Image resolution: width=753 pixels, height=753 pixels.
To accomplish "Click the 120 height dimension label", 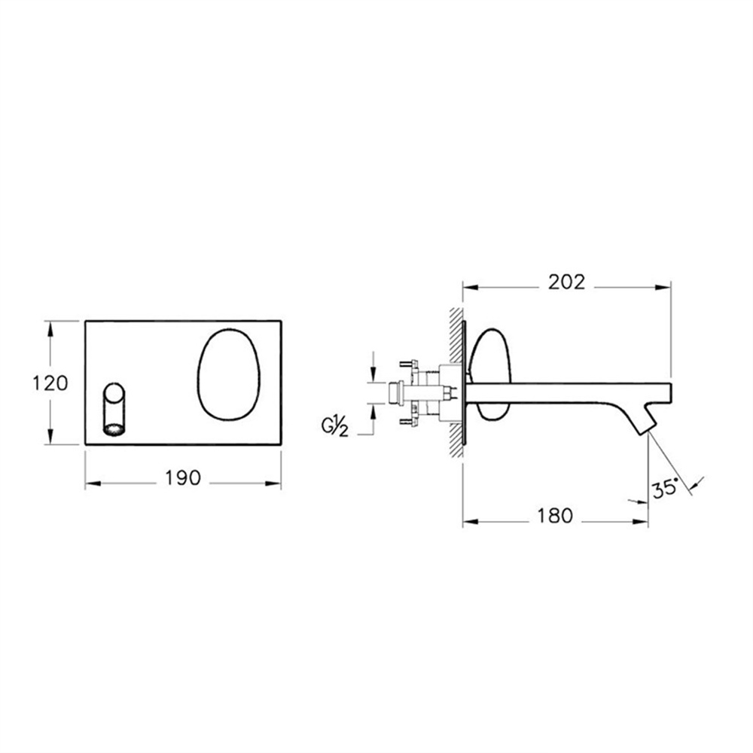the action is click(x=50, y=383).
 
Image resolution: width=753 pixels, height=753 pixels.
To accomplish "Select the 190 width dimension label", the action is click(x=183, y=478).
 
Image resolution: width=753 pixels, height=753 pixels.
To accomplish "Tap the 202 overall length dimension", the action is click(x=567, y=282).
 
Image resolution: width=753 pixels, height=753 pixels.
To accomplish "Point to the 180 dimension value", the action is click(x=555, y=516).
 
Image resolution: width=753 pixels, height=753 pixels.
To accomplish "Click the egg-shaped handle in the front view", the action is click(x=229, y=373).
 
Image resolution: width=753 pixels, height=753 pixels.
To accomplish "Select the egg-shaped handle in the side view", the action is click(x=490, y=373).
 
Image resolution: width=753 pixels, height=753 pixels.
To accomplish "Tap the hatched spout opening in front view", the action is click(x=114, y=429).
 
